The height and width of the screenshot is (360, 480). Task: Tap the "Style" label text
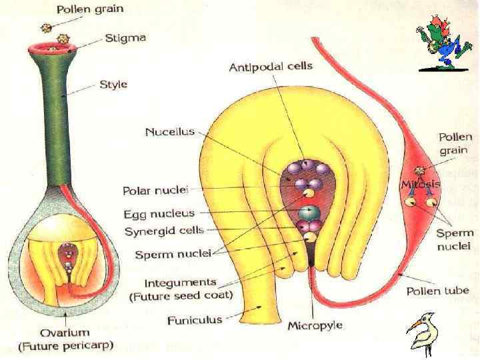(113, 85)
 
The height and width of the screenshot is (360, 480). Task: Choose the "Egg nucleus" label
(159, 214)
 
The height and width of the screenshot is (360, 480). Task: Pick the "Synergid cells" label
(164, 231)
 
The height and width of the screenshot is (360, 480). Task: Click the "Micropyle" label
(315, 326)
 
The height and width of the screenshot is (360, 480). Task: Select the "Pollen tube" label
(438, 291)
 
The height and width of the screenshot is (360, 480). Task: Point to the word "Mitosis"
(421, 183)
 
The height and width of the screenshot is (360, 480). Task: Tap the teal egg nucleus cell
(307, 213)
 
